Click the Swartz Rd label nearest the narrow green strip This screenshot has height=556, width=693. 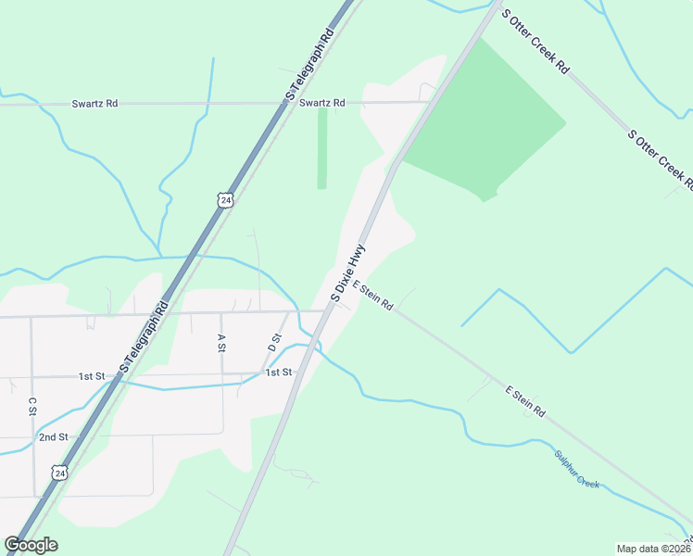[321, 103]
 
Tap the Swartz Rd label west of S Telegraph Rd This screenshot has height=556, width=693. [94, 104]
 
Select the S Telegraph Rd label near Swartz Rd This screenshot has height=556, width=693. [309, 65]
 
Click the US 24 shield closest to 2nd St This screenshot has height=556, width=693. [60, 473]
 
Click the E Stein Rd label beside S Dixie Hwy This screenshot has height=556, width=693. [373, 297]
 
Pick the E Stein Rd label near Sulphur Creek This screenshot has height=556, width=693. [525, 400]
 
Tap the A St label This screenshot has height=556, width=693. [221, 343]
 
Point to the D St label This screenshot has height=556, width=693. [274, 341]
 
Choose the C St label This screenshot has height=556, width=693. [31, 406]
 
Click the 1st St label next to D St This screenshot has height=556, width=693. [279, 373]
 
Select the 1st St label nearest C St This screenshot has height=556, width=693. [91, 376]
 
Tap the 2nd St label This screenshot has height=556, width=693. [53, 436]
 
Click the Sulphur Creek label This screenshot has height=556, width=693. [576, 469]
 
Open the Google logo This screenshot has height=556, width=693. [31, 545]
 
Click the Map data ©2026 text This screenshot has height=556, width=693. [653, 549]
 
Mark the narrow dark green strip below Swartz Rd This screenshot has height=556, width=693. [322, 148]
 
